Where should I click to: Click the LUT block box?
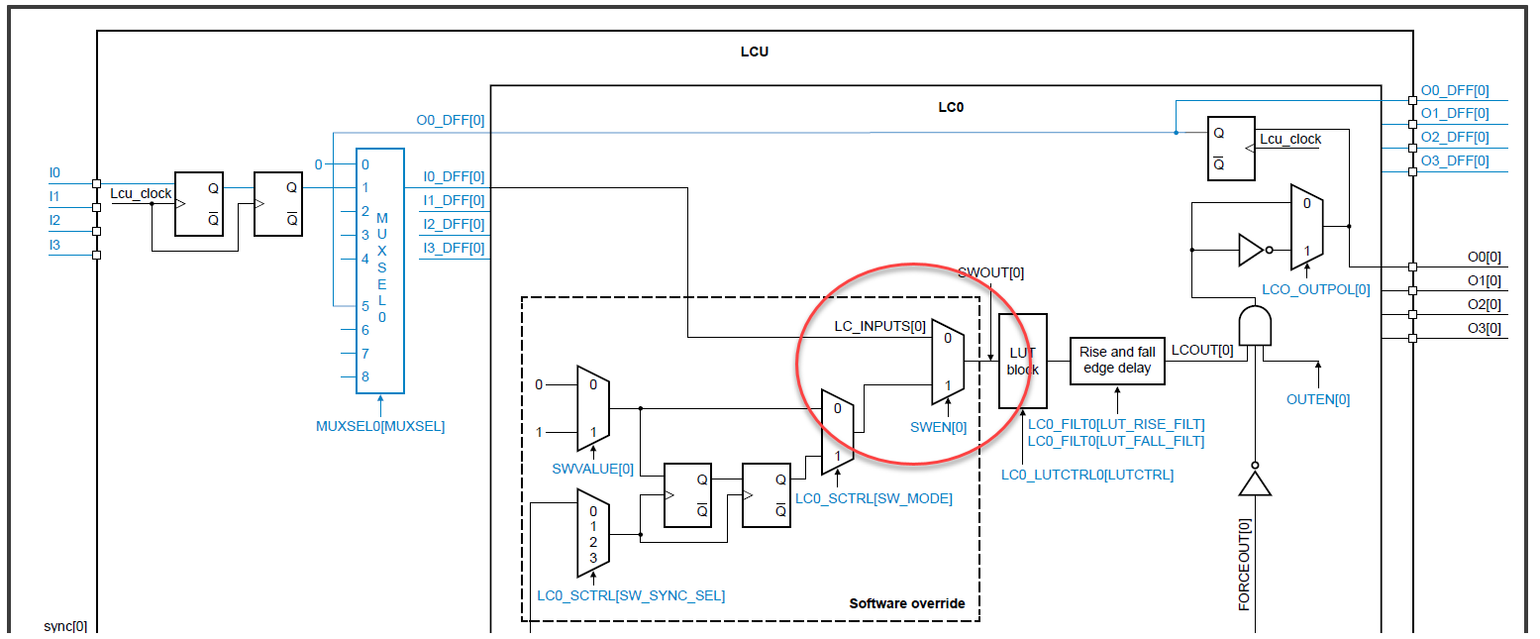[x=1022, y=361]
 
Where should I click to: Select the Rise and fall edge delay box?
[x=1117, y=360]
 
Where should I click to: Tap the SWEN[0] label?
[x=938, y=427]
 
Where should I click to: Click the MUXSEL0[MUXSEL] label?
[x=380, y=426]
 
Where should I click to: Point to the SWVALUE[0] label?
[x=592, y=469]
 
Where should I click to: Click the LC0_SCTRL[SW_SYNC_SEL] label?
[x=631, y=595]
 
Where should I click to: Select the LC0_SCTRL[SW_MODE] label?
[x=873, y=498]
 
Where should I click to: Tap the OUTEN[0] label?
[x=1317, y=399]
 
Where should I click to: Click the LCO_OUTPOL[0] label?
[x=1315, y=290]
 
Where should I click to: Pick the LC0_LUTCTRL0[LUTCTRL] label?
[x=1086, y=475]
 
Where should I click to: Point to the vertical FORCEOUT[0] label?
[x=1245, y=565]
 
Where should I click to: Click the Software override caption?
[x=906, y=603]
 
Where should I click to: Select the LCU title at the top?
[x=754, y=52]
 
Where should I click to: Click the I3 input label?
[x=55, y=244]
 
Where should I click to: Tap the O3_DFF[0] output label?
[x=1454, y=161]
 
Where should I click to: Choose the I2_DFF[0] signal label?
[x=454, y=224]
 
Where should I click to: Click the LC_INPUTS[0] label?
[x=880, y=326]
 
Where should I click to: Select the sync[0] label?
[x=65, y=626]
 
